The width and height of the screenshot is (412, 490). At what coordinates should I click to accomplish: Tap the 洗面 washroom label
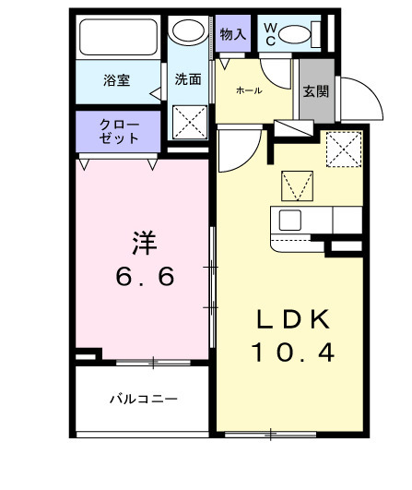[188, 79]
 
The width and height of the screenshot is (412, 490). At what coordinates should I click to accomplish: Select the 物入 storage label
[233, 34]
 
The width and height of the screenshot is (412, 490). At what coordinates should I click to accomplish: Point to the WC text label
[270, 34]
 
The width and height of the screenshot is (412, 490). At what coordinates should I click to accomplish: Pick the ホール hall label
[248, 90]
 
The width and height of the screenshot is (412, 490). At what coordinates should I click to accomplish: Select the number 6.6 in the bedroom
[145, 277]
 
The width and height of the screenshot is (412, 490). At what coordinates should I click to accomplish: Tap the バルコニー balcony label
[143, 400]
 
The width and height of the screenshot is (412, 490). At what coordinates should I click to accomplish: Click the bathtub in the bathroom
[120, 39]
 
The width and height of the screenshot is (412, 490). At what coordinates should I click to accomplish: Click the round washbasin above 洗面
[191, 32]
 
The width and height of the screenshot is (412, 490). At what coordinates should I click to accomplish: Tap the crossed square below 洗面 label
[191, 120]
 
